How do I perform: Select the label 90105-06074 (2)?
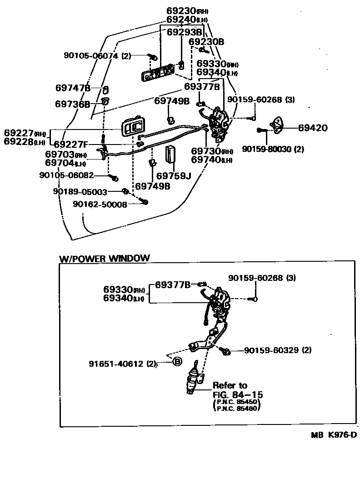pos(97,56)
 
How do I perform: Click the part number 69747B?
pos(73,88)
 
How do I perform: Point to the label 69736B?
pos(73,104)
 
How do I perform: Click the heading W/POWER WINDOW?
pos(104,259)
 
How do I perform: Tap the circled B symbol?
pos(177,362)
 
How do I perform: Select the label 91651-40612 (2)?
pos(122,364)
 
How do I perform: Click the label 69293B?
pos(184,32)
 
